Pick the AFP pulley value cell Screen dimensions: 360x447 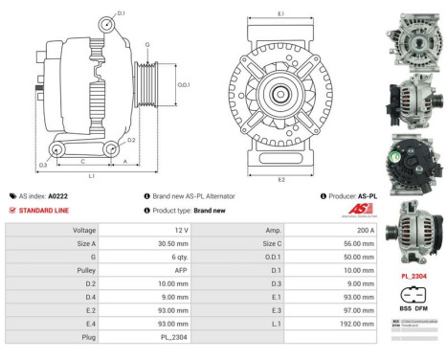point(179,271)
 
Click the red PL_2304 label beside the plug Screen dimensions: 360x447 point(413,275)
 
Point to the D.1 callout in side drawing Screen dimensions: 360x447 point(121,13)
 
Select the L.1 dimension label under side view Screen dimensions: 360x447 point(90,175)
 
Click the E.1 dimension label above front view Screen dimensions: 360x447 point(280,14)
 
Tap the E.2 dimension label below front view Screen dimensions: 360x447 point(280,178)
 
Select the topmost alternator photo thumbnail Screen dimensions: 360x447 point(413,34)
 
